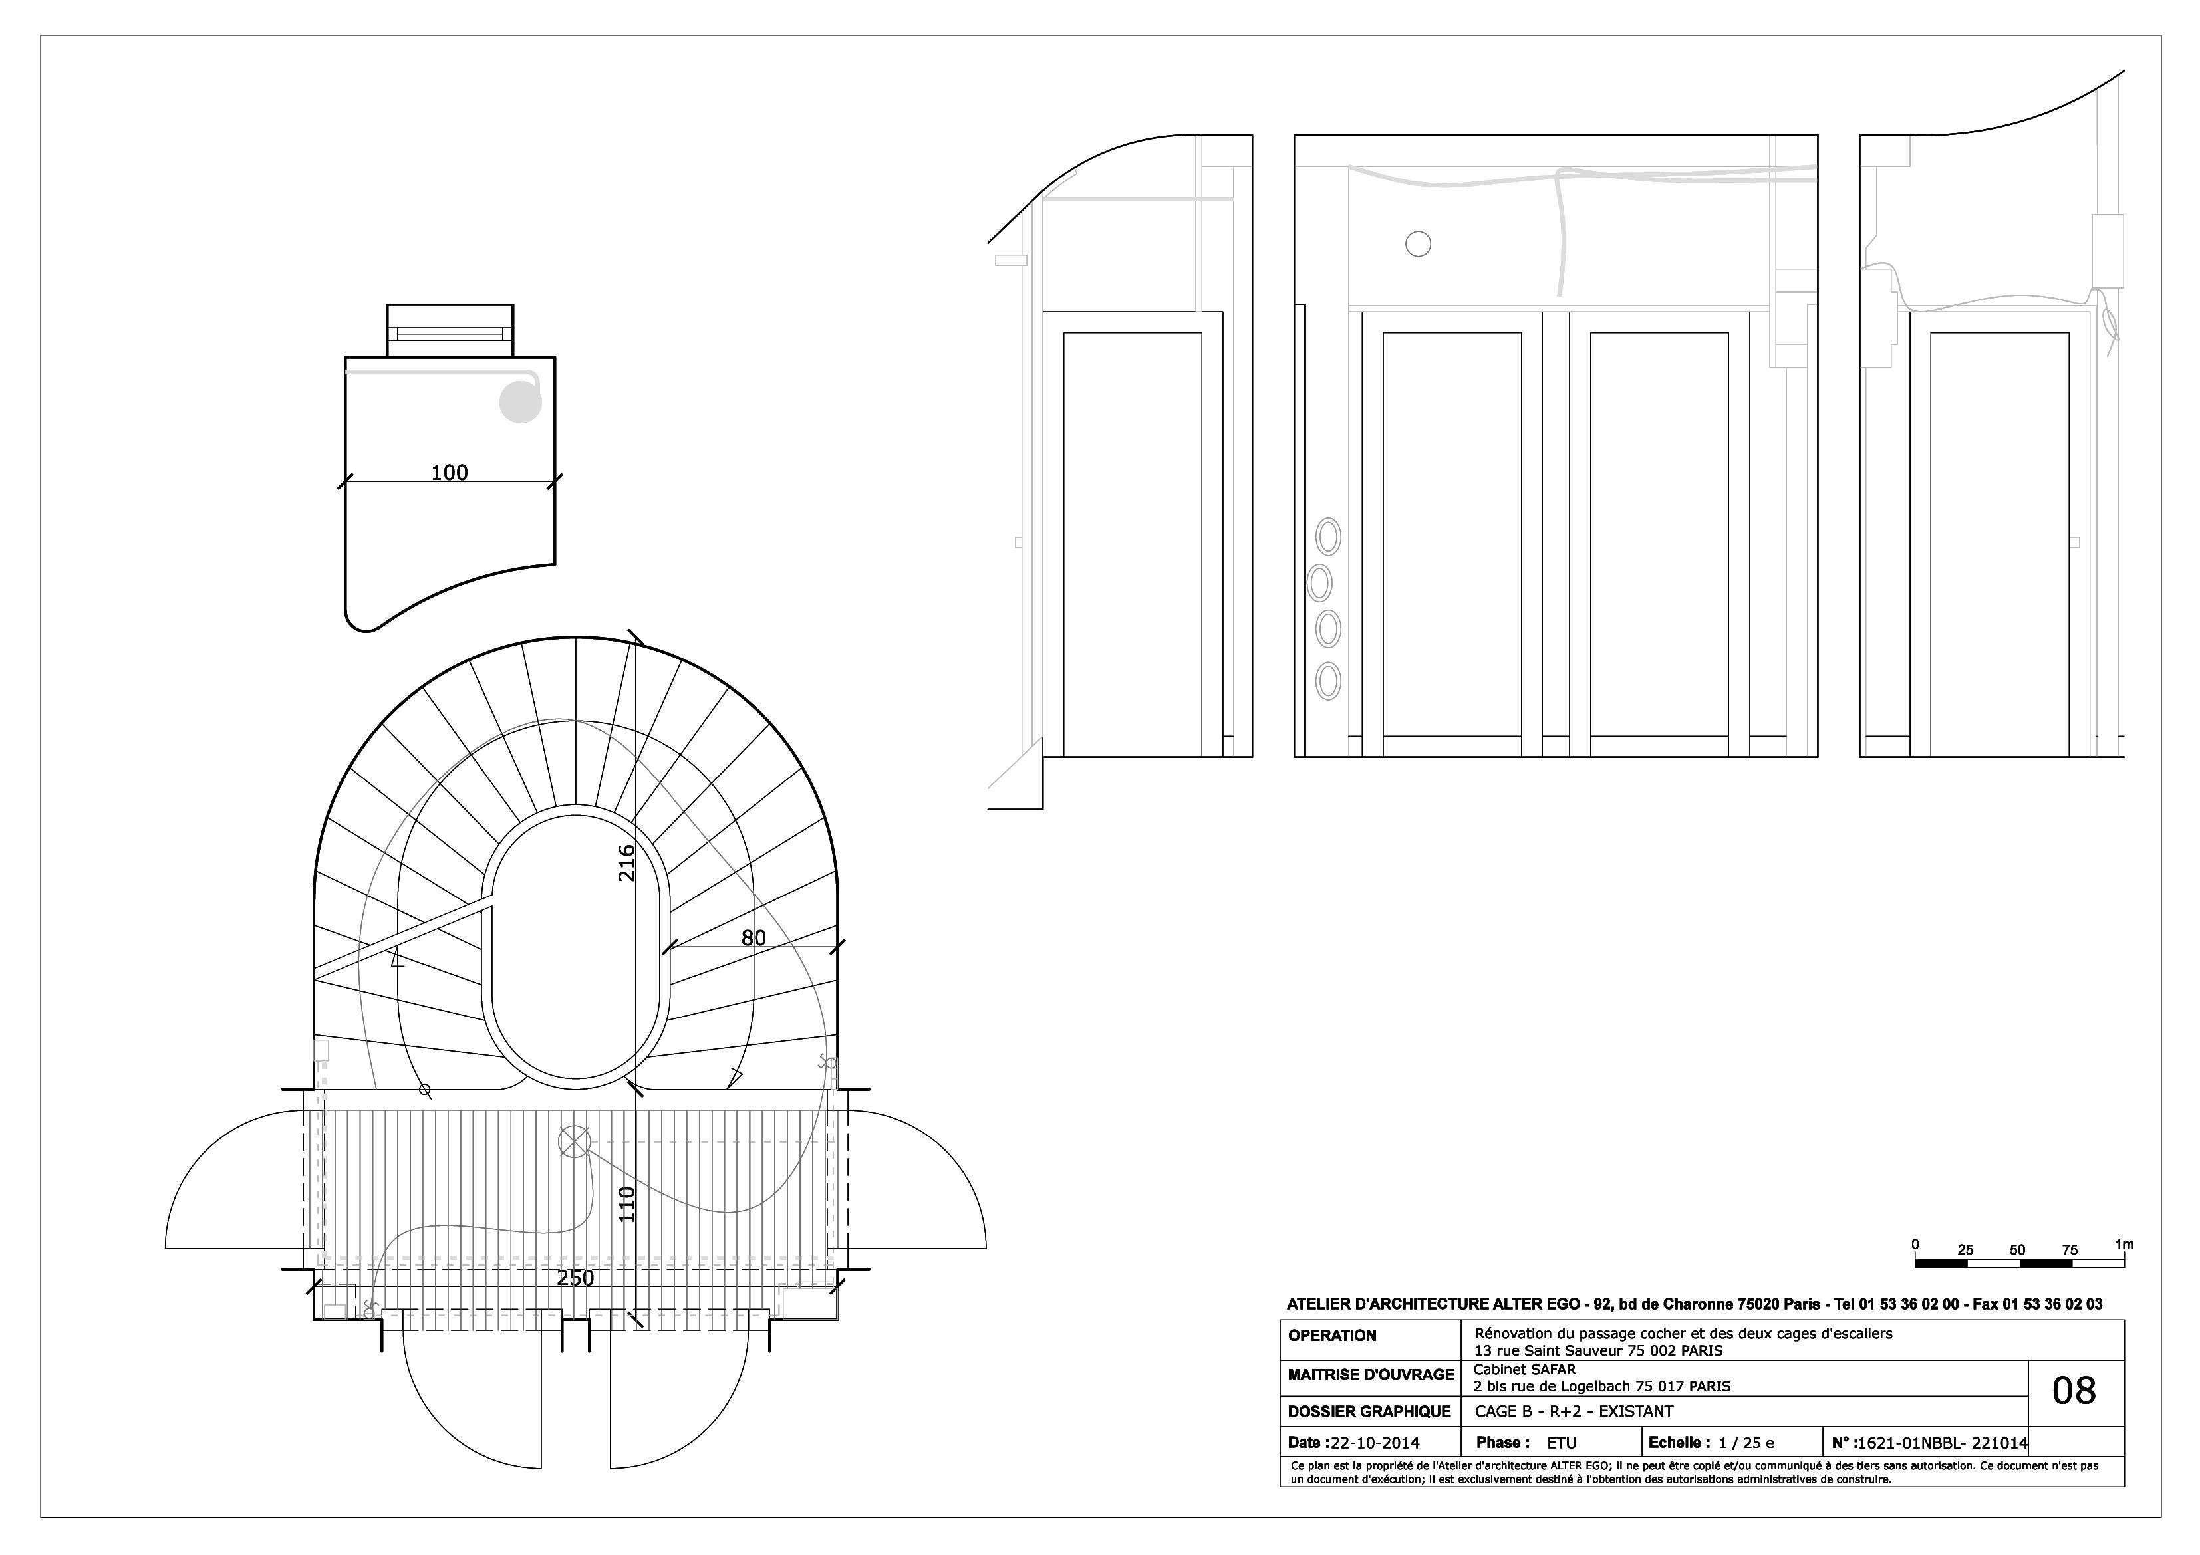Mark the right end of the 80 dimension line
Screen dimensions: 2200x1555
click(837, 947)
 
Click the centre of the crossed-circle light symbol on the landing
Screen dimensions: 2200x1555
click(573, 1141)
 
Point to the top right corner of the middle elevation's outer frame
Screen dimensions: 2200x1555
click(1818, 135)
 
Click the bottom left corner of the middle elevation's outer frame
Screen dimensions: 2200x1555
click(1294, 757)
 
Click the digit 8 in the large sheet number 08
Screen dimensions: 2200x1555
click(2086, 1390)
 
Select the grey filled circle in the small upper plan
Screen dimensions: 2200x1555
click(520, 402)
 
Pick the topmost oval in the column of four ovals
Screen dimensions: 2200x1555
click(1328, 537)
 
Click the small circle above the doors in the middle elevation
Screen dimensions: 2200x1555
click(1418, 244)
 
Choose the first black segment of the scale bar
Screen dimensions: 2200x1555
click(1941, 1264)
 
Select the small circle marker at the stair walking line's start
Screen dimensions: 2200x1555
click(426, 1090)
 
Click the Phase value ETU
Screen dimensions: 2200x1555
click(1562, 1443)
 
